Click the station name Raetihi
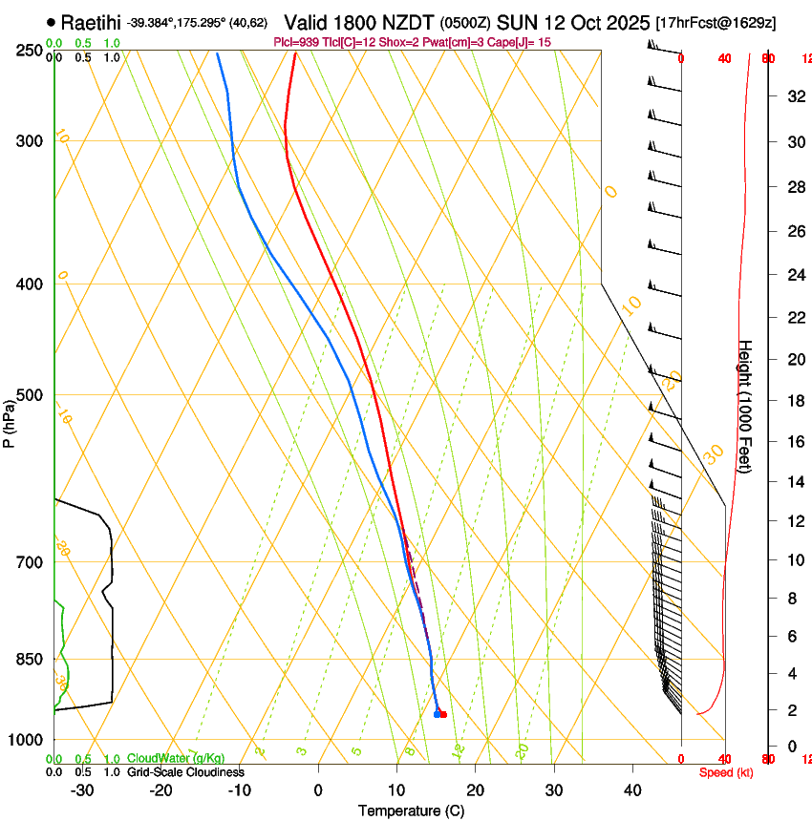point(93,21)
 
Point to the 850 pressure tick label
point(30,660)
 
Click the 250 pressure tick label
point(30,51)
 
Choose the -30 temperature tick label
point(82,790)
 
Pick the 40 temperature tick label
point(632,790)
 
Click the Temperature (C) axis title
point(411,810)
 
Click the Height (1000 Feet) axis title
point(745,407)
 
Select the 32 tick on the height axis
point(794,96)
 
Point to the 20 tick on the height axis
point(794,359)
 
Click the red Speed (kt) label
point(726,772)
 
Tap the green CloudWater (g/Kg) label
point(176,759)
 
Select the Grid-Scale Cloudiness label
point(185,772)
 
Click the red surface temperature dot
point(443,714)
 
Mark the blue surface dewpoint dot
point(437,714)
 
